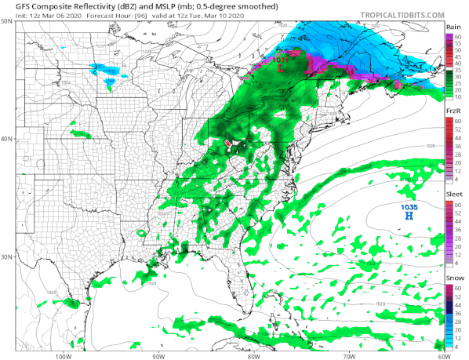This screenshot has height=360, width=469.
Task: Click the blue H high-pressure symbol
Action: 408,214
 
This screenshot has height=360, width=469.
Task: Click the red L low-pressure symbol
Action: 281,68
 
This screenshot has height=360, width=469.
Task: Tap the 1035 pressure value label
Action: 409,206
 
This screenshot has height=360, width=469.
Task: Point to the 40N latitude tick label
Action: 7,139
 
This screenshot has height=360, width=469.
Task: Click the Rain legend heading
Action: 453,27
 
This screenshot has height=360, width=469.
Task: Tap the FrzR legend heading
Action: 453,111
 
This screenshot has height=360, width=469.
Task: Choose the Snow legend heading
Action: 453,278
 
